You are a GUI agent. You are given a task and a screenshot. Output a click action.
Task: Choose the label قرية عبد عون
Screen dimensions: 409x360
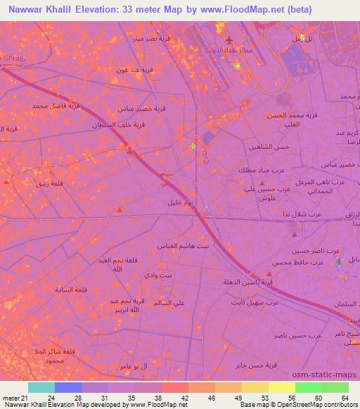[x=133, y=70]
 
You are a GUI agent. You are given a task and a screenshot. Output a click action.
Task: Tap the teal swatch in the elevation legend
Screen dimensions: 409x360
[x=41, y=387]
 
